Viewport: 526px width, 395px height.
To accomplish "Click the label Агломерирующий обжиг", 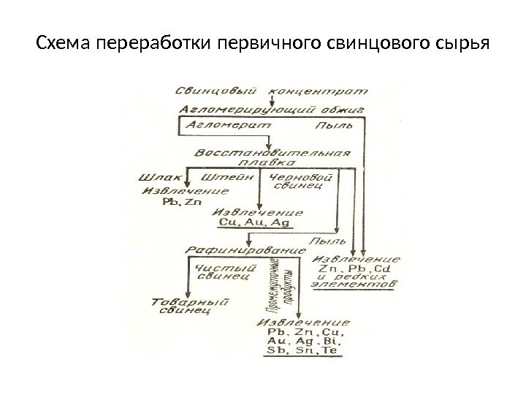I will (270, 109).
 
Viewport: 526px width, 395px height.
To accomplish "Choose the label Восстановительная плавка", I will (272, 159).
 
